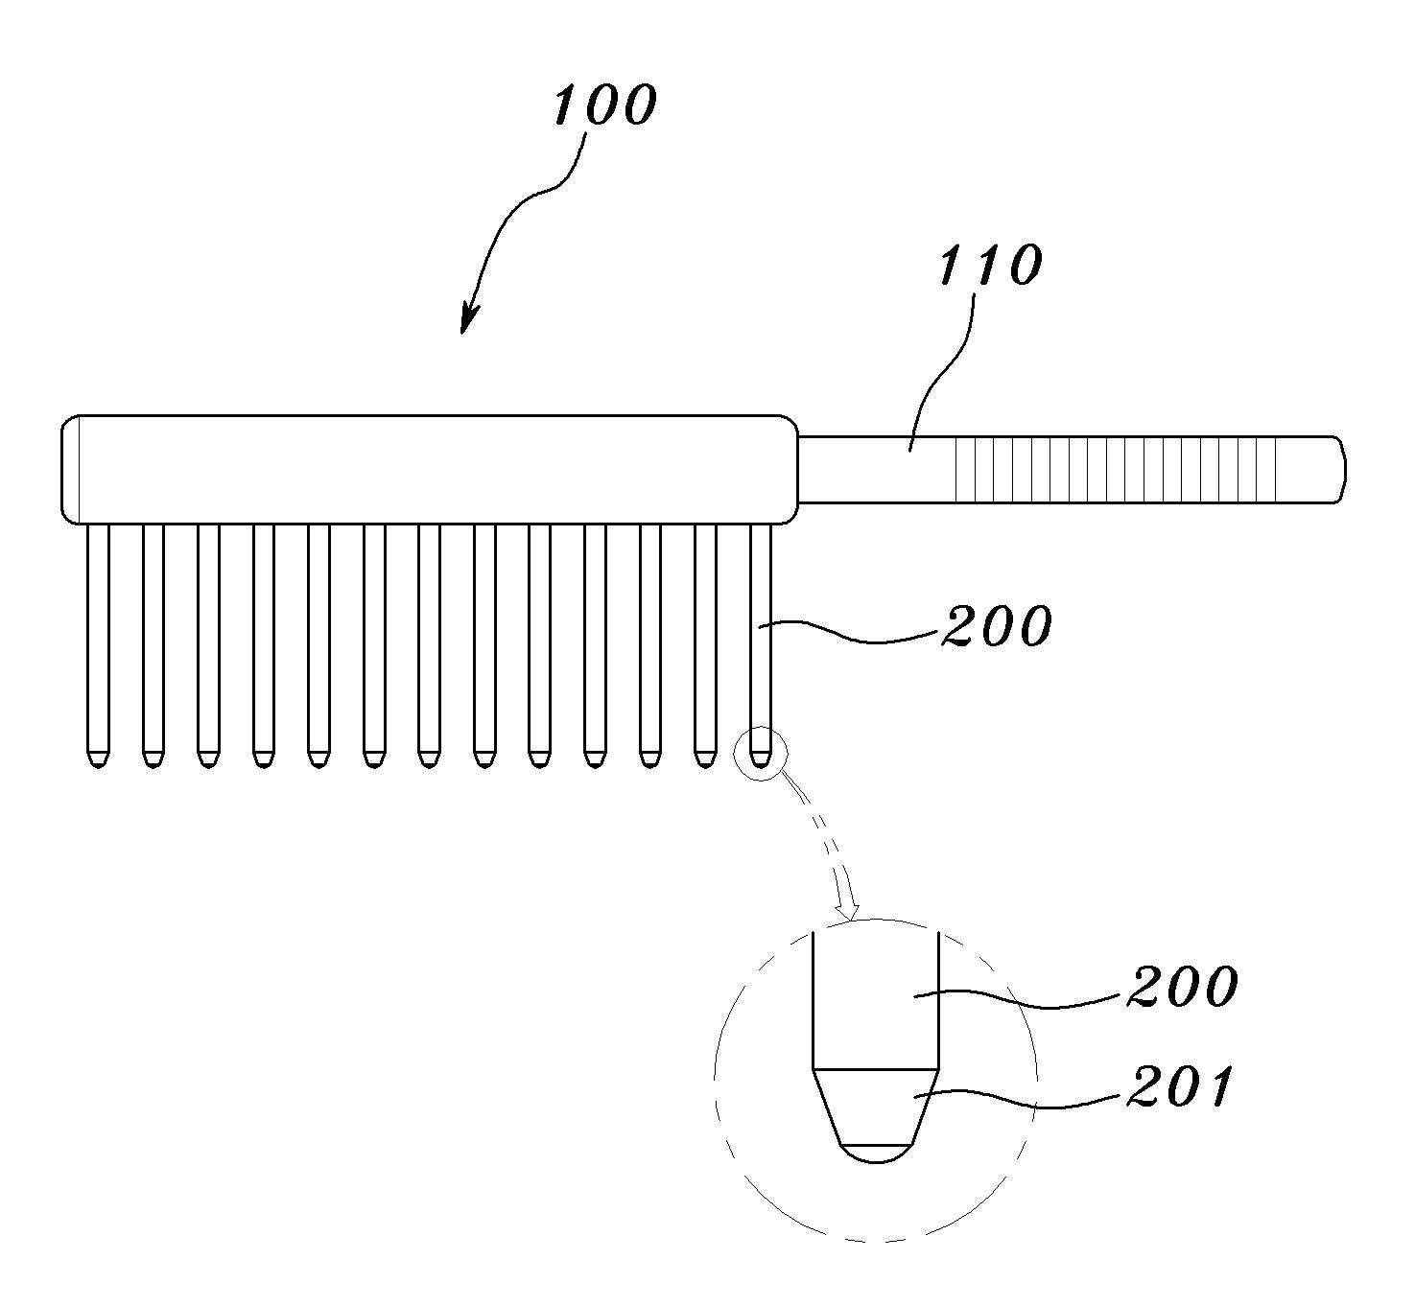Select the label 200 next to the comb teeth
[x=997, y=627]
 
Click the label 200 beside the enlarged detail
[x=1182, y=987]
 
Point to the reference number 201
[x=1178, y=1088]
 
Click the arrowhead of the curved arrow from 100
[x=466, y=324]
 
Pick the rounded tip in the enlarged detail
[x=875, y=1153]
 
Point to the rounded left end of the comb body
[x=70, y=469]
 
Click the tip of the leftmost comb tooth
[x=97, y=760]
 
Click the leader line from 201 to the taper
[x=1017, y=1098]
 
